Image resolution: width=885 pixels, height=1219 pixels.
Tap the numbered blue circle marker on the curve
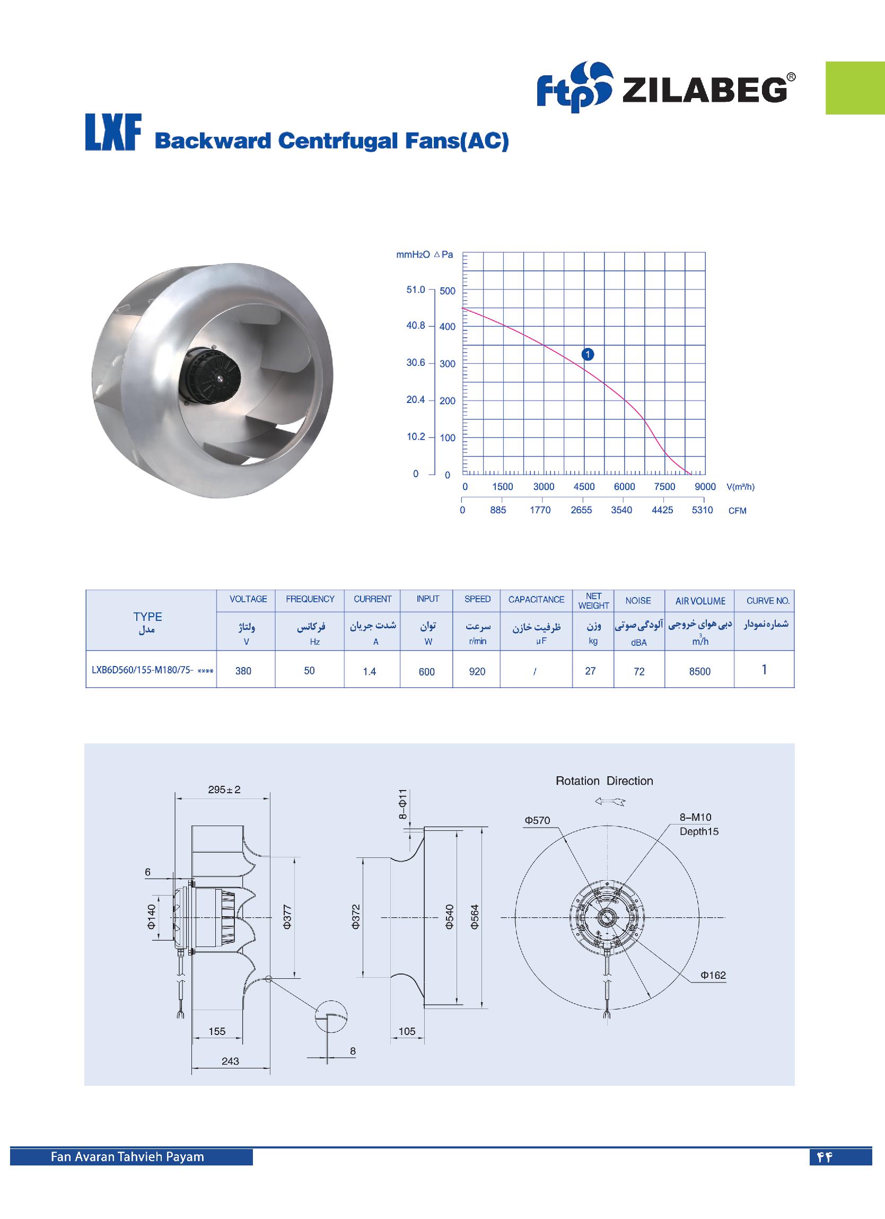[588, 354]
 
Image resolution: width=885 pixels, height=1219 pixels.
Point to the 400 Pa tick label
[448, 327]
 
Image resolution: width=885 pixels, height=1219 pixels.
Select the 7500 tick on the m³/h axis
[664, 486]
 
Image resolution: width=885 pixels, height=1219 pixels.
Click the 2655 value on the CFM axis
[581, 510]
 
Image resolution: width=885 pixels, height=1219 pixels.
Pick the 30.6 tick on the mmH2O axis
[416, 363]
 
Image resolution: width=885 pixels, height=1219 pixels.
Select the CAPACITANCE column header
[536, 599]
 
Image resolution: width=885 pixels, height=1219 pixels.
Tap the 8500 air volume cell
[699, 671]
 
